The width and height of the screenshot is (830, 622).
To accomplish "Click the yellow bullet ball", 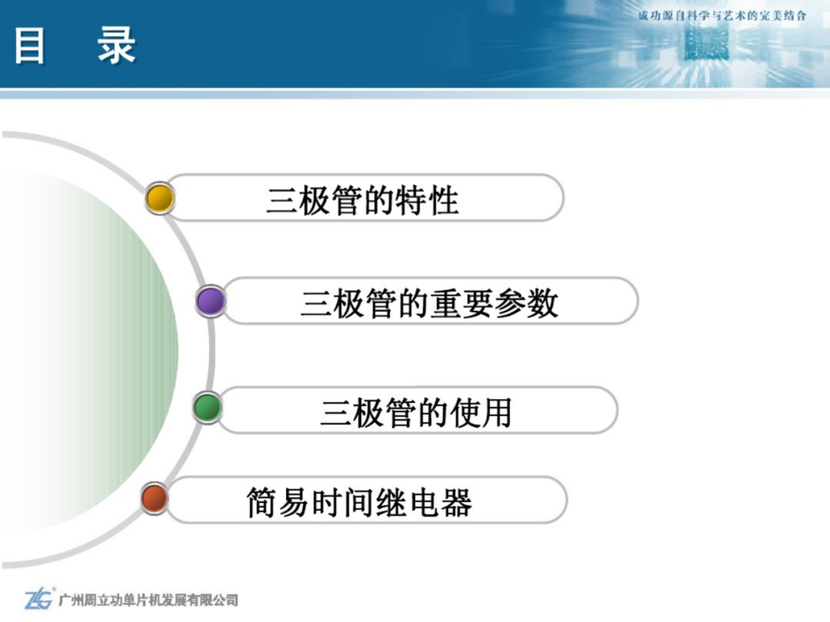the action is tap(160, 198).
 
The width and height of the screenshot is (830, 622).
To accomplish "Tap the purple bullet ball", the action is tap(211, 302).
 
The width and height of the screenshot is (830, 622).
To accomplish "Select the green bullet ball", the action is tap(207, 408).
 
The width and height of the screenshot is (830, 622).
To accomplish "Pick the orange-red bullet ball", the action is tap(154, 498).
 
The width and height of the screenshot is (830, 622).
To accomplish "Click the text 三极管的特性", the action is tap(363, 201).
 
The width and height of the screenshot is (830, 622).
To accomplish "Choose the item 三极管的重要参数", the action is tap(430, 303).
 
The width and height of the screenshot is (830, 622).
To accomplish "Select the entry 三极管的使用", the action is tap(416, 412).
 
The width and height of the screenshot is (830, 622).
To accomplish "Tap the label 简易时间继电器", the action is tap(360, 502).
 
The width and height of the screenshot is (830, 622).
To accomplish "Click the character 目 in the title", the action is tap(30, 46).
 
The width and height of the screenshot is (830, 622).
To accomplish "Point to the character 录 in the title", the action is tap(117, 46).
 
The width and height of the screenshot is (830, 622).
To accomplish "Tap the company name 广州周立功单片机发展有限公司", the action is tap(148, 600).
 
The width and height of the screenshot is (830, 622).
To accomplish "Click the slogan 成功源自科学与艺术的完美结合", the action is tap(722, 16).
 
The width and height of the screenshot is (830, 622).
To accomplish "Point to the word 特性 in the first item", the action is tap(427, 201).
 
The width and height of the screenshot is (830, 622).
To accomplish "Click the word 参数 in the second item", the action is tap(526, 303).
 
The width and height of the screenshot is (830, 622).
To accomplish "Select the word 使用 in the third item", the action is tap(480, 412).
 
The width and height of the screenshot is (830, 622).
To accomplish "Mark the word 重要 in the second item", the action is tap(462, 303).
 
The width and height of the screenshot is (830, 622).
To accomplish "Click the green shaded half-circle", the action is tap(90, 349).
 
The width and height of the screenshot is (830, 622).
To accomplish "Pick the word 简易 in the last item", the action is tap(278, 502).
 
